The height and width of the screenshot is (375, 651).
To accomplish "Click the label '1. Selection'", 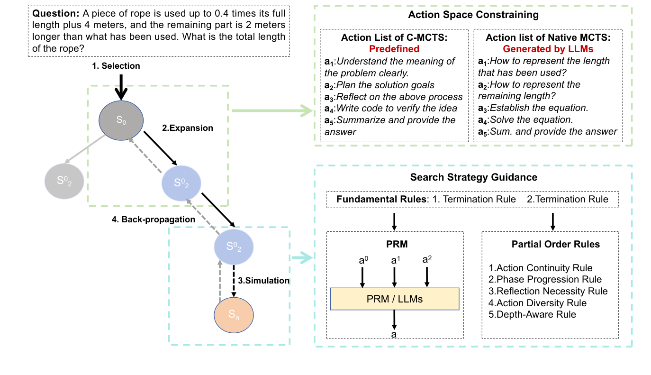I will click(116, 66).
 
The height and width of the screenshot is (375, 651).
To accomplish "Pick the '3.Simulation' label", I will click(264, 281).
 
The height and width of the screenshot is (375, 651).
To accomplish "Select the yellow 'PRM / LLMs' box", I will click(394, 299).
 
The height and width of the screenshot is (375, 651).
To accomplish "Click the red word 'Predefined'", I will click(394, 49).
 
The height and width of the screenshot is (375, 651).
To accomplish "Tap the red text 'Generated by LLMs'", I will click(548, 49).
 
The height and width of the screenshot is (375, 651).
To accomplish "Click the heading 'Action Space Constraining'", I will click(473, 15).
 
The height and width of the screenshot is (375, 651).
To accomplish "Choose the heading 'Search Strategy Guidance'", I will click(473, 177).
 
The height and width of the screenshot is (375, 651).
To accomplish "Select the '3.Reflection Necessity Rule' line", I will click(548, 292).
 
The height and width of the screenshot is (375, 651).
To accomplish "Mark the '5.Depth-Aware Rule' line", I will click(533, 314).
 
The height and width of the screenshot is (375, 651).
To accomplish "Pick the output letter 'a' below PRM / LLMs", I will click(394, 335).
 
